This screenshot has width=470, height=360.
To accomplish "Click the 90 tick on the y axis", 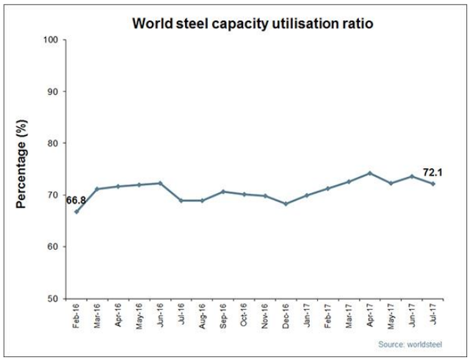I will click(x=54, y=91).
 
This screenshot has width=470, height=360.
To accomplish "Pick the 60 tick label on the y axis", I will click(x=54, y=247).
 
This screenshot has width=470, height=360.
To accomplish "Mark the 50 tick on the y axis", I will click(x=54, y=299).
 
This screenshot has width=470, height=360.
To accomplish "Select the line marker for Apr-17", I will click(x=370, y=173).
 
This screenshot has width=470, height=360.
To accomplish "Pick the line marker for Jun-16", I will click(x=160, y=183).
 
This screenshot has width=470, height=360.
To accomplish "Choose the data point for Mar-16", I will click(x=98, y=189).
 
